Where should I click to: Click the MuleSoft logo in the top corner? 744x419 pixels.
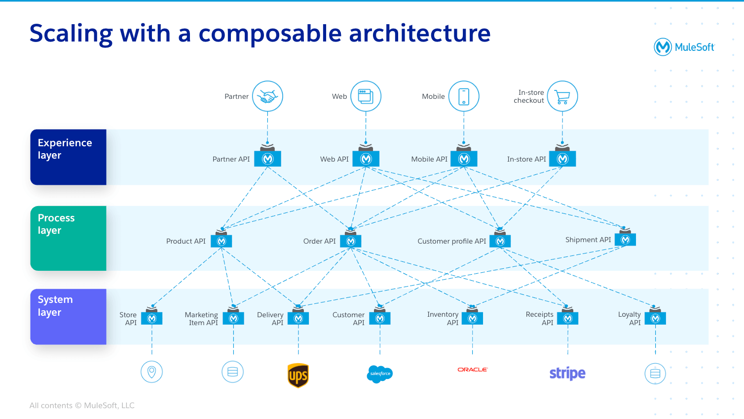click(x=684, y=47)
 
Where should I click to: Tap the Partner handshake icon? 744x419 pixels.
click(x=267, y=96)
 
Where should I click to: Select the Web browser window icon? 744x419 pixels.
click(x=366, y=96)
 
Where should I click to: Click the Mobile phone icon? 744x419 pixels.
click(x=464, y=96)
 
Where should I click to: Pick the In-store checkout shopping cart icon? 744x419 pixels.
click(x=562, y=96)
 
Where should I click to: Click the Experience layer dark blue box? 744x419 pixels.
click(x=68, y=157)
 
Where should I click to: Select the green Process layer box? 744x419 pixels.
click(x=68, y=238)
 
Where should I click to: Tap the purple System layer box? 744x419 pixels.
click(x=68, y=317)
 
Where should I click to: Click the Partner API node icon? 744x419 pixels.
click(x=267, y=158)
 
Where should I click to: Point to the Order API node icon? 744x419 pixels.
click(x=351, y=241)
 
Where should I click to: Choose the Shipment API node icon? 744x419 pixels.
click(x=625, y=239)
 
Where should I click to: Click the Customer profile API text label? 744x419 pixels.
click(x=451, y=241)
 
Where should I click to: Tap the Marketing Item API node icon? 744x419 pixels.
click(x=233, y=318)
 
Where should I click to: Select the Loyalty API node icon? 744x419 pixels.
click(x=655, y=318)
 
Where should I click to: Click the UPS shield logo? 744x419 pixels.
click(x=298, y=376)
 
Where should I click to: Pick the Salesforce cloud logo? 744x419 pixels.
click(x=380, y=374)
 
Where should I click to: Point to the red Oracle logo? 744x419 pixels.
click(x=472, y=370)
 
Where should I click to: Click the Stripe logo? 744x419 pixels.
click(x=567, y=373)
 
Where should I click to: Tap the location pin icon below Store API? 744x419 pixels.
click(x=151, y=372)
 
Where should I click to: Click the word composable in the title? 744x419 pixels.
click(x=270, y=34)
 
